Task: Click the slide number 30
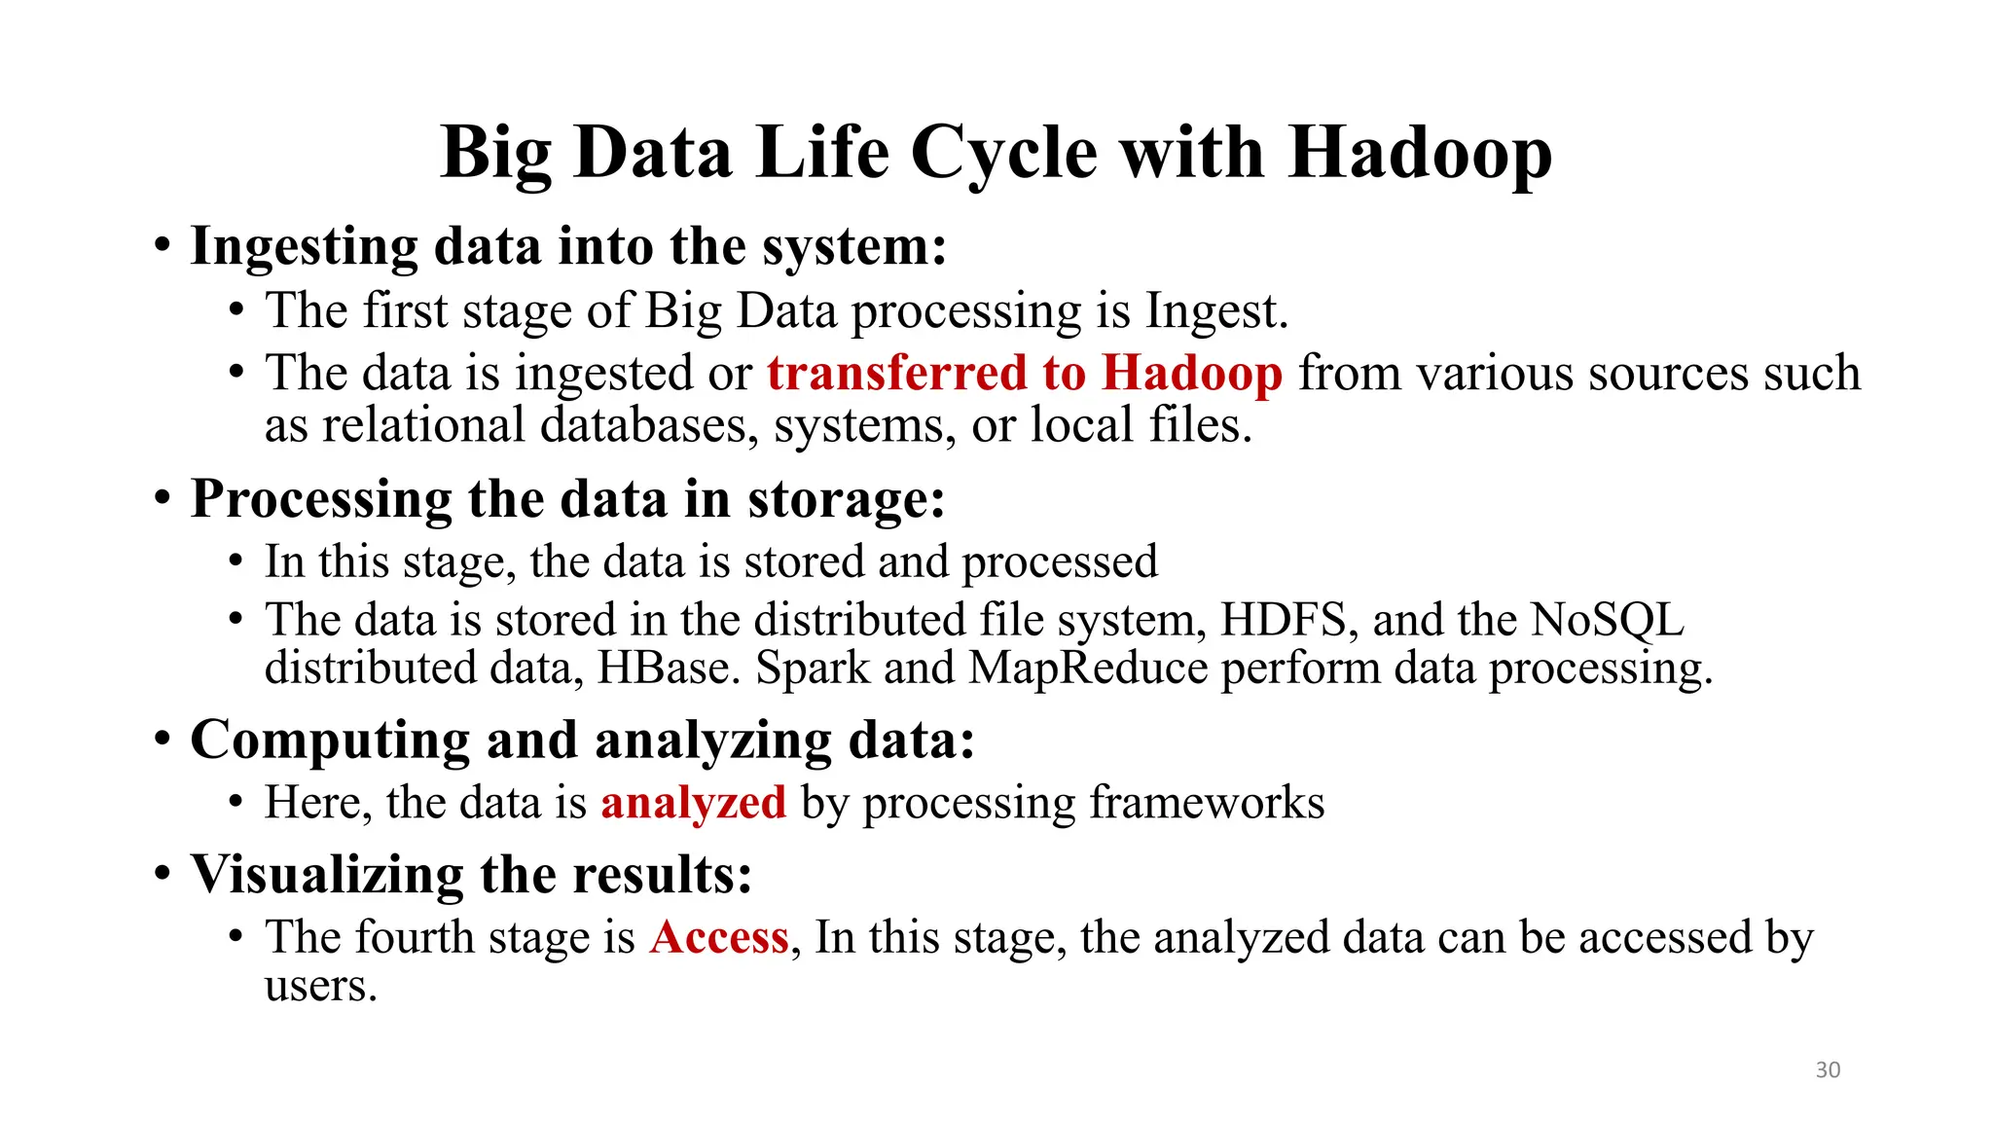1828,1069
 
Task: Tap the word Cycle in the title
1004,155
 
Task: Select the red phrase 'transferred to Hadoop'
1025,373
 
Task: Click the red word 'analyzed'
693,804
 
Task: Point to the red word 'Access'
719,937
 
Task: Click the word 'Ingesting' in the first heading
304,247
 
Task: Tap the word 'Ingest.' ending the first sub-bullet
1216,311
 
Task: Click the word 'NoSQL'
1607,620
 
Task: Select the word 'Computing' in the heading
330,741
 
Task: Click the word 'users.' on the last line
320,987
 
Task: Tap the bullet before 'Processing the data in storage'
163,499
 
